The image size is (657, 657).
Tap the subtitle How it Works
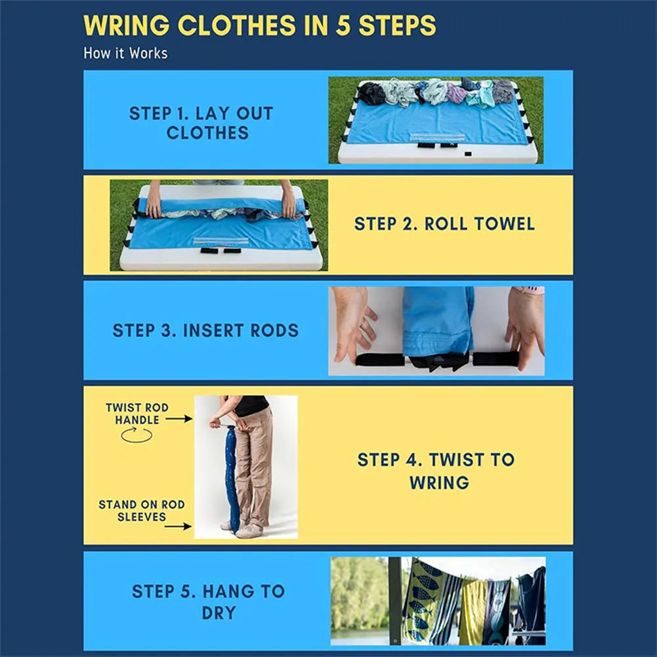[125, 53]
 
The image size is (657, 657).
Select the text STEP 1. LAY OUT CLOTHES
[201, 123]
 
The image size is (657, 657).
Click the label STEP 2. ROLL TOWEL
[444, 224]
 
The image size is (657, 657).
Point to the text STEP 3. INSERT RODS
[205, 330]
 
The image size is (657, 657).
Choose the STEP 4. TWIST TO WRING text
[436, 471]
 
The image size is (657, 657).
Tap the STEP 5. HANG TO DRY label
[208, 602]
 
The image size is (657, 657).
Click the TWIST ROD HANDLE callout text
[137, 413]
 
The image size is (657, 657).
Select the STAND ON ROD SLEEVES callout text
[142, 511]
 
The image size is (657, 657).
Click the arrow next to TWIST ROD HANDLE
[179, 418]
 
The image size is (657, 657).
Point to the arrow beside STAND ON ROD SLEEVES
[179, 526]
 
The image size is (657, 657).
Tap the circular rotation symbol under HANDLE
[137, 434]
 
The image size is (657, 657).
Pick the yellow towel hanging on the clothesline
[473, 611]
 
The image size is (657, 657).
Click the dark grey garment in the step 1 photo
[372, 93]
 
